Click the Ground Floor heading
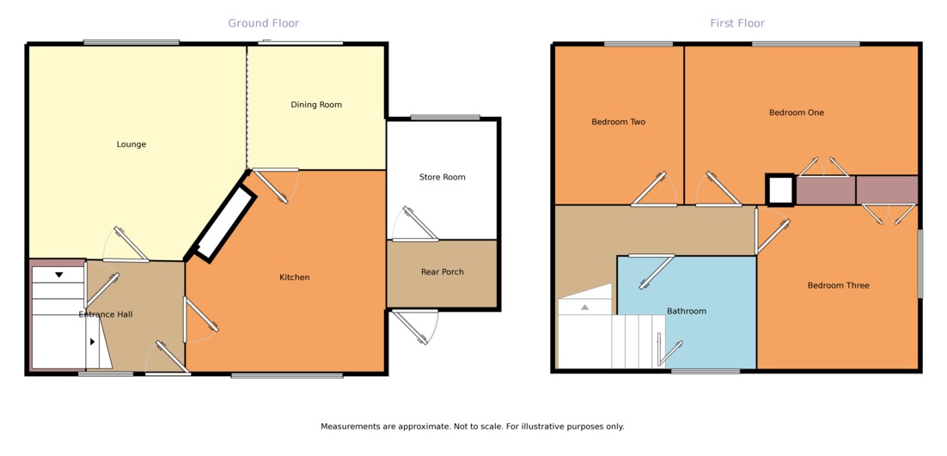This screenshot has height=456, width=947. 263,23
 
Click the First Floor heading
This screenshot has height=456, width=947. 736,23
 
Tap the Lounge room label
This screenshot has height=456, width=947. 131,144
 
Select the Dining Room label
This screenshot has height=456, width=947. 316,105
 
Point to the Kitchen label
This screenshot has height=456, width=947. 294,277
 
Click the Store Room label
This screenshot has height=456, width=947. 442,177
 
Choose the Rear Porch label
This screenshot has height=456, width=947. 442,272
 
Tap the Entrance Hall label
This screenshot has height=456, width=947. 106,314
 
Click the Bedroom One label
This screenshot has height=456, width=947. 796,112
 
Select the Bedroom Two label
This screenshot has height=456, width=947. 618,122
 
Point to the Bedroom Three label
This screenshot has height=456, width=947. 838,285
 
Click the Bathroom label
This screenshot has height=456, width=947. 687,311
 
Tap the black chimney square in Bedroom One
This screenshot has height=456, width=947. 780,190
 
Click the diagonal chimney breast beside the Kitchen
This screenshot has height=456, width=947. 223,222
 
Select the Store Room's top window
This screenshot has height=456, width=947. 444,118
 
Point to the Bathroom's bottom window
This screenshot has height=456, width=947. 705,371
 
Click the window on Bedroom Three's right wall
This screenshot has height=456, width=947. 920,263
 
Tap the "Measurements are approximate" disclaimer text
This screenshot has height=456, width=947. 472,426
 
